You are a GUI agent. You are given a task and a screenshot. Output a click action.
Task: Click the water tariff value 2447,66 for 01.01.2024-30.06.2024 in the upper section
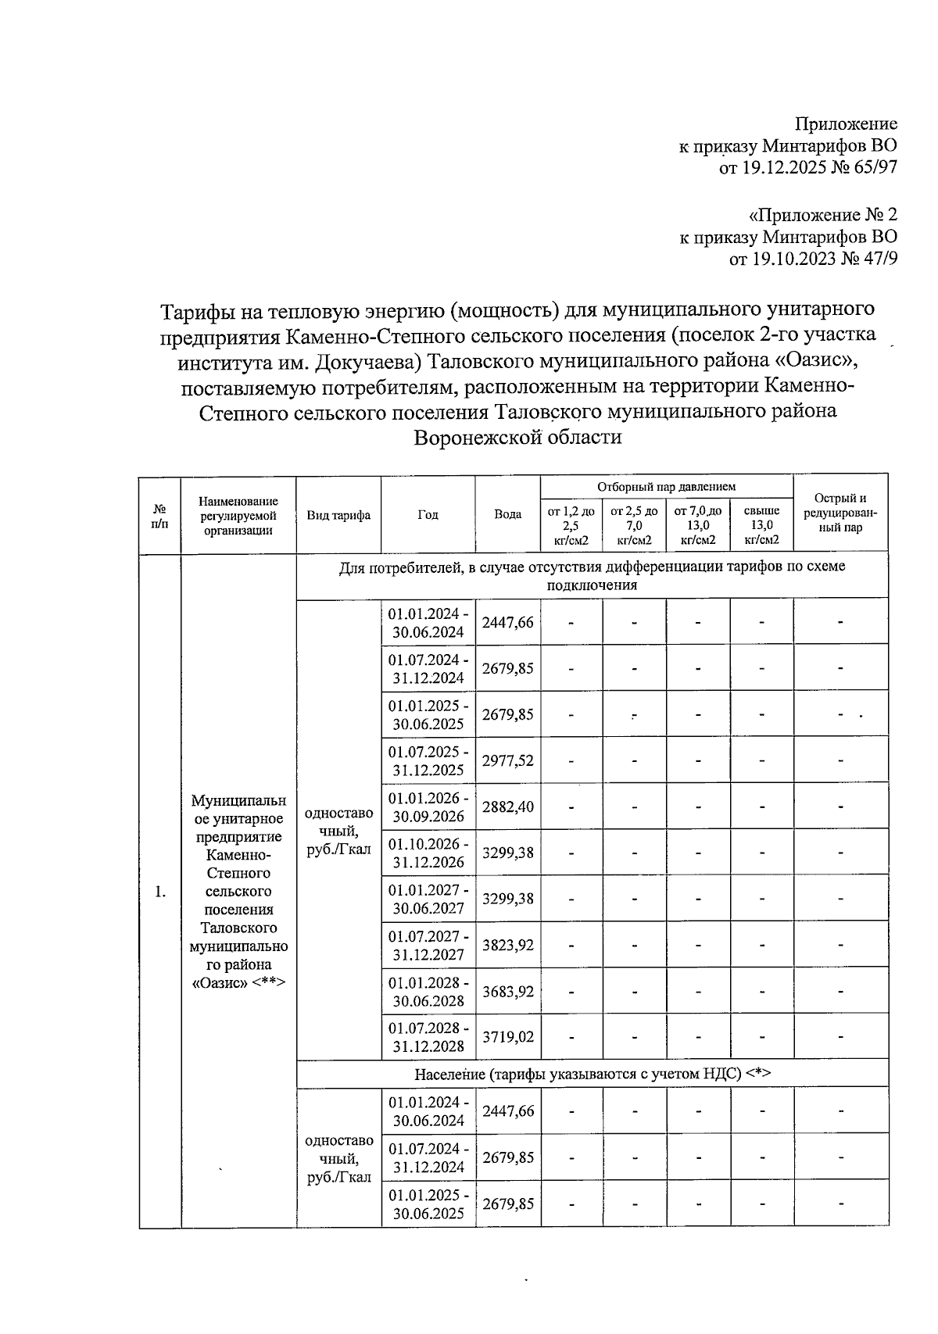click(508, 622)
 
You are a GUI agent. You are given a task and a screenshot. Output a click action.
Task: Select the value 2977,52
click(508, 760)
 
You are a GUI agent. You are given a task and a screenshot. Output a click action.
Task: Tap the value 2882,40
click(508, 806)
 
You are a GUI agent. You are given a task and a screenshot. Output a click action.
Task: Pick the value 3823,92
click(508, 945)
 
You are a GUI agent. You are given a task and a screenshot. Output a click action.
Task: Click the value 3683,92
click(508, 991)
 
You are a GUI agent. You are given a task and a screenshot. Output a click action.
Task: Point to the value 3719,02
click(508, 1037)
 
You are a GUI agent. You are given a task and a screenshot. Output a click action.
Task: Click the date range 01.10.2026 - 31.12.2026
click(428, 853)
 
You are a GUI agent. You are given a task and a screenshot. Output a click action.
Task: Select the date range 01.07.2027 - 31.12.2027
click(428, 945)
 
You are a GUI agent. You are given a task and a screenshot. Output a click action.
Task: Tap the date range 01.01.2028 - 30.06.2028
click(428, 991)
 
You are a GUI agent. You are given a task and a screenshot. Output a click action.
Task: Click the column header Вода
click(508, 515)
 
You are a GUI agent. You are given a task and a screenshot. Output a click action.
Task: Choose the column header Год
click(428, 515)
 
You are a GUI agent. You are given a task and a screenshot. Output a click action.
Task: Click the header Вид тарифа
click(338, 515)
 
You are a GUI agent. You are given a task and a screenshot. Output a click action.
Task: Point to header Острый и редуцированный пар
click(840, 513)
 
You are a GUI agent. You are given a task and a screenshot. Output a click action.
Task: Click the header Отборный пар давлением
click(666, 486)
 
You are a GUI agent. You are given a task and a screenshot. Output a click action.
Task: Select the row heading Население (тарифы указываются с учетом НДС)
click(593, 1073)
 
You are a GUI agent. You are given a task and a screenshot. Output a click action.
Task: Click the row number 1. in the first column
click(160, 892)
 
